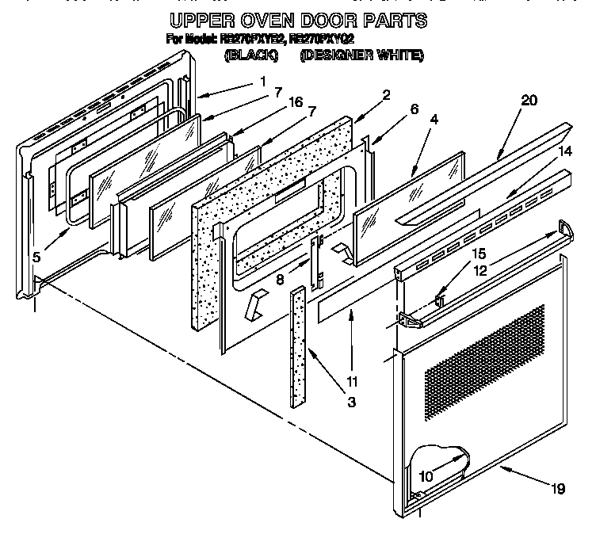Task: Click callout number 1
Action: pos(262,82)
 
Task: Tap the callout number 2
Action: pos(386,96)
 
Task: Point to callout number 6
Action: pos(414,110)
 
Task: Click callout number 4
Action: pos(434,120)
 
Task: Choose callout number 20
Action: pos(529,100)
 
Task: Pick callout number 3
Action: pos(351,403)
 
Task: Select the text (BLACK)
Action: pos(251,55)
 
